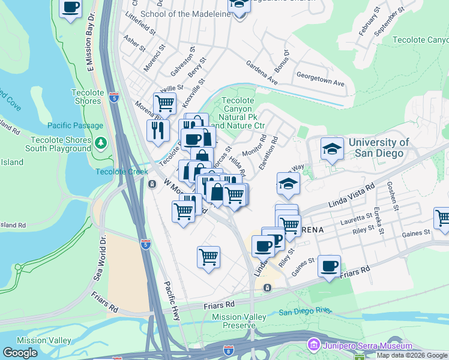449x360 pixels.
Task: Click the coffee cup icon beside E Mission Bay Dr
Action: coord(71,8)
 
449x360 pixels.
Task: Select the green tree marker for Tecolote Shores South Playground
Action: coord(101,143)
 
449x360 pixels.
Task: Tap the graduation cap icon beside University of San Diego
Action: coord(332,149)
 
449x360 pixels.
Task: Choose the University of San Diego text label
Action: coord(379,148)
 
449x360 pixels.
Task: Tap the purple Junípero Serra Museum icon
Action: coord(312,346)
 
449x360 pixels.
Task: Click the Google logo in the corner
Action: coord(20,353)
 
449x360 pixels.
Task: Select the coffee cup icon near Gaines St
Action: coord(329,266)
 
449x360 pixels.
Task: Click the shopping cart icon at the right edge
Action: coord(443,218)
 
